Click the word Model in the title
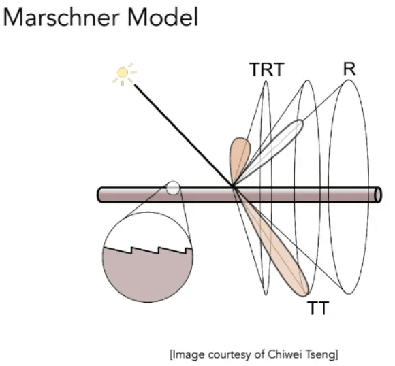(x=163, y=17)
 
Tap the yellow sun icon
(x=124, y=73)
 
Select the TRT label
(x=267, y=69)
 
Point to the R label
(x=349, y=69)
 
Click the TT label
(x=318, y=308)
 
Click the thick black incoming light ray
(x=183, y=135)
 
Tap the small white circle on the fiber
(x=173, y=188)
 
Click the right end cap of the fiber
(x=379, y=195)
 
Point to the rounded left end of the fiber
(x=100, y=195)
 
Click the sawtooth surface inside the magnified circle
(x=148, y=250)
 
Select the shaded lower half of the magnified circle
(x=148, y=276)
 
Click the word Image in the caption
(x=188, y=355)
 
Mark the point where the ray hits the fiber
(x=233, y=187)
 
